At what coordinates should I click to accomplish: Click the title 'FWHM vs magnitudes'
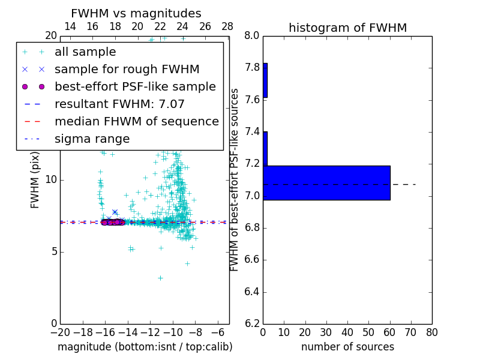(x=136, y=13)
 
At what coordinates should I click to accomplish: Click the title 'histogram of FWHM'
(x=347, y=28)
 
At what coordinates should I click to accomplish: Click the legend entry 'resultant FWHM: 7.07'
(x=119, y=104)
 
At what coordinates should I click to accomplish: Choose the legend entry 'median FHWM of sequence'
(x=136, y=122)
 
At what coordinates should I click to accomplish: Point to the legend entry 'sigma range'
(x=92, y=139)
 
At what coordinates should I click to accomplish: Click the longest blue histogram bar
(x=326, y=183)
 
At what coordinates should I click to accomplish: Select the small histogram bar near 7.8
(x=265, y=80)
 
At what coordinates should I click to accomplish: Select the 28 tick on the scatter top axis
(x=227, y=26)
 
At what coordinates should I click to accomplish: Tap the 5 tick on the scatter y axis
(x=53, y=251)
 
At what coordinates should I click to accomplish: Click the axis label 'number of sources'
(x=347, y=347)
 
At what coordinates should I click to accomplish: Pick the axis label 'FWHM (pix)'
(x=35, y=180)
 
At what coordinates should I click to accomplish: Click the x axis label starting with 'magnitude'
(x=145, y=347)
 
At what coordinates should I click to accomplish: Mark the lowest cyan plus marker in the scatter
(x=160, y=278)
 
